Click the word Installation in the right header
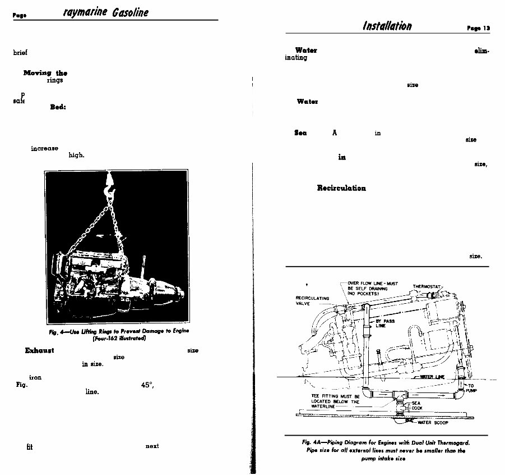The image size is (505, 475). tap(387, 26)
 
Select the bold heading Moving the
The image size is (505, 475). tap(45, 73)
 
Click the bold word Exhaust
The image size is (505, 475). tap(39, 350)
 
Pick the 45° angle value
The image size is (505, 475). tap(147, 385)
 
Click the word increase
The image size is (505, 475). tap(45, 148)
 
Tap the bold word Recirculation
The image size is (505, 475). tap(341, 188)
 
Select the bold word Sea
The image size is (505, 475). tap(300, 133)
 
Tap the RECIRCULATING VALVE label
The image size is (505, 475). tap(312, 301)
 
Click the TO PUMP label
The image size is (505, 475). tap(471, 387)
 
